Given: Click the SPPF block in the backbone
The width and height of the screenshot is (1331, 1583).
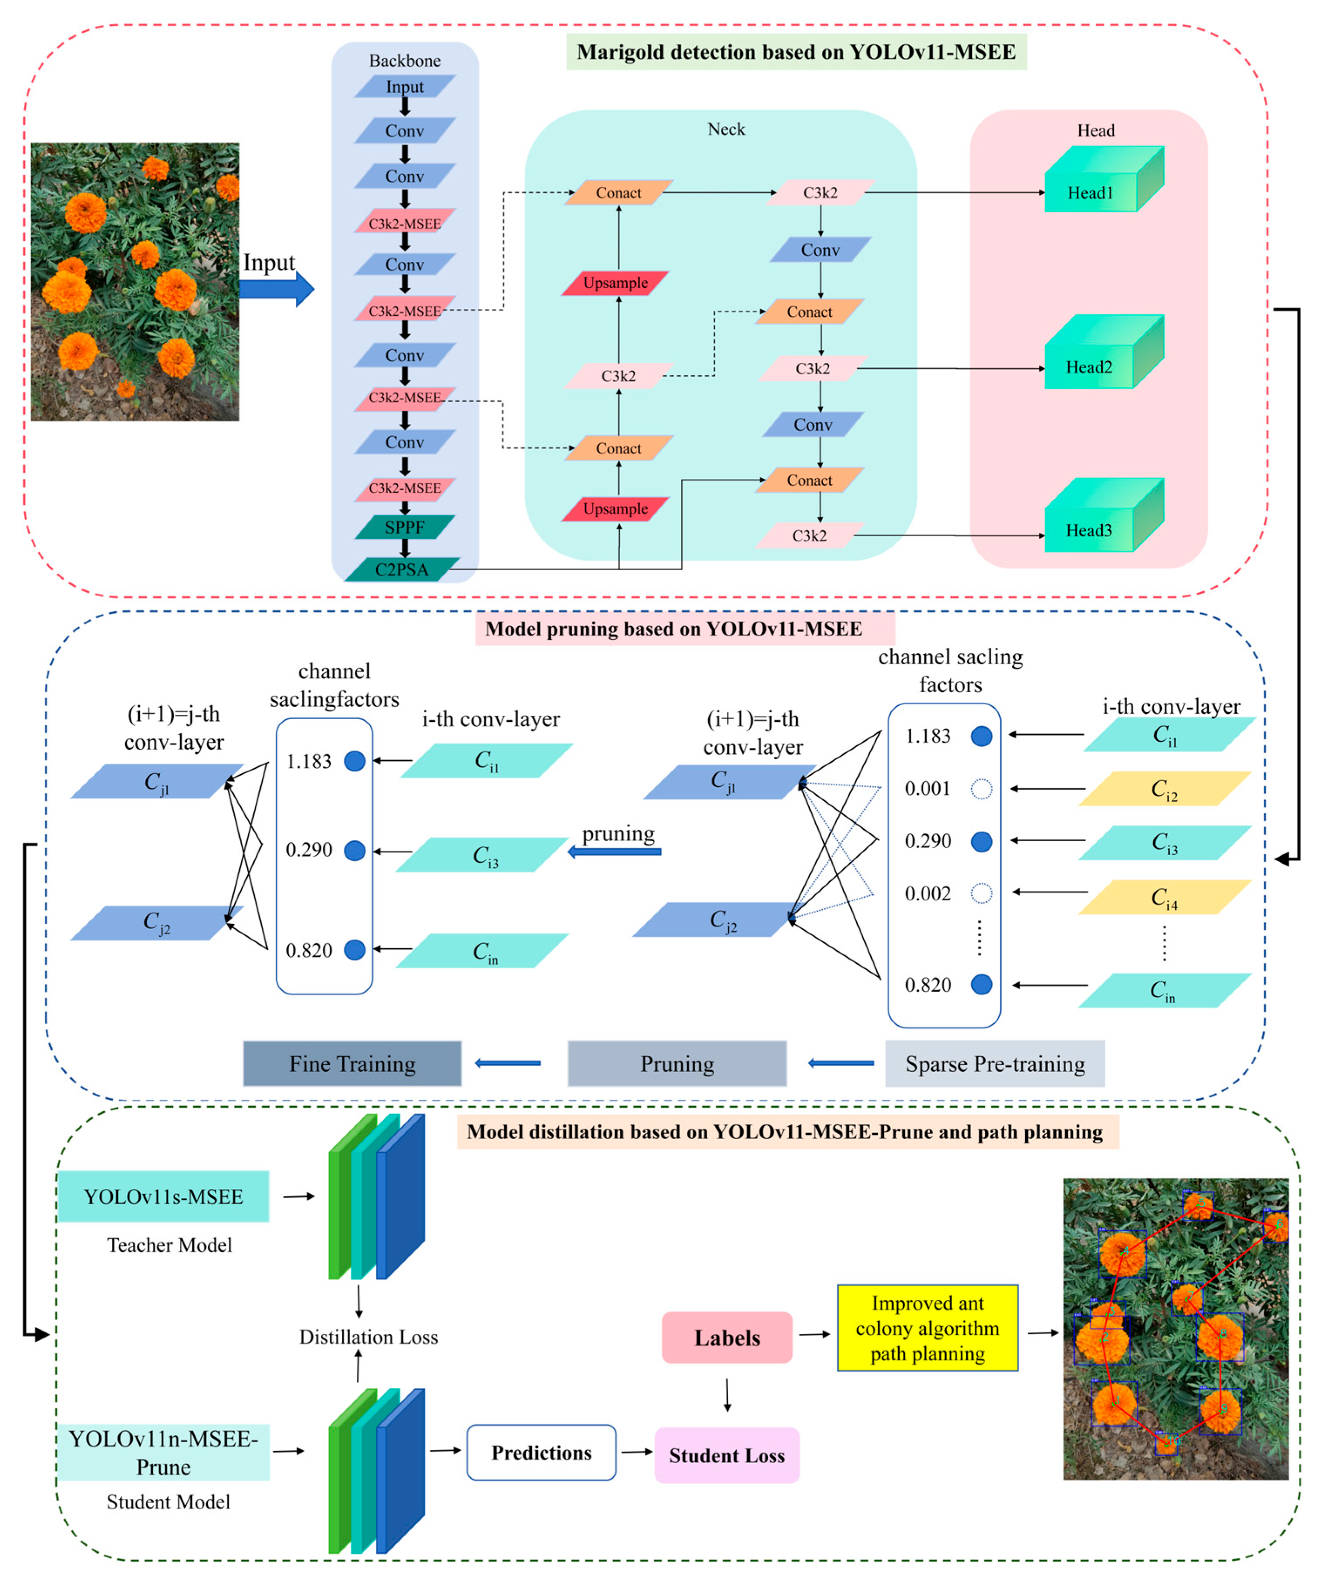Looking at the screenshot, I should click(x=405, y=527).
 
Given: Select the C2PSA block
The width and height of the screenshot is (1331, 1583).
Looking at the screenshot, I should click(x=402, y=570).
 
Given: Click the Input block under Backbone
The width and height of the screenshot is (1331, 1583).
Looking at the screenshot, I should click(x=405, y=87).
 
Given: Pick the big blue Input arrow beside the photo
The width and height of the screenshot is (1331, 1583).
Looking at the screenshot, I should click(x=275, y=288).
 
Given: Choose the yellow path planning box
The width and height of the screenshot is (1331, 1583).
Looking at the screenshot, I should click(x=927, y=1328).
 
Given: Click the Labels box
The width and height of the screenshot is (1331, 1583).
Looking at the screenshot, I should click(x=726, y=1338).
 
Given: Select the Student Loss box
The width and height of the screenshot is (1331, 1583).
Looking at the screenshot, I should click(x=726, y=1455).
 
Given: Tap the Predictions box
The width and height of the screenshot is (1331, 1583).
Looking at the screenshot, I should click(x=541, y=1452).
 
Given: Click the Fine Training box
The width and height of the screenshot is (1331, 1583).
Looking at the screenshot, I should click(x=352, y=1064).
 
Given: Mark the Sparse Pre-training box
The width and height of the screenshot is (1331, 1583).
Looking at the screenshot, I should click(x=994, y=1064).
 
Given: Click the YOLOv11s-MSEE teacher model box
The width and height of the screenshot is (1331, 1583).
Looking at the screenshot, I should click(x=163, y=1197).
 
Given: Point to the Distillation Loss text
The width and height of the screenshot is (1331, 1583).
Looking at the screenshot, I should click(x=368, y=1337).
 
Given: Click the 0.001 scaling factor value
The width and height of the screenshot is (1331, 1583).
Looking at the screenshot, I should click(x=927, y=788).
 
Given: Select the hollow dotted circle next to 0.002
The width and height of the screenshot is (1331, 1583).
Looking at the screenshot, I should click(x=981, y=893).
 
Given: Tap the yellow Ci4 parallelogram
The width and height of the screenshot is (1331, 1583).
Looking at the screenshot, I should click(x=1164, y=897).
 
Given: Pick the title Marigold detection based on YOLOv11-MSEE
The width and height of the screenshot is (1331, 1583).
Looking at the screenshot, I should click(x=796, y=52).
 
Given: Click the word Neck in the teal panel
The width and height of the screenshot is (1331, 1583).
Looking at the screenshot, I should click(x=726, y=129).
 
